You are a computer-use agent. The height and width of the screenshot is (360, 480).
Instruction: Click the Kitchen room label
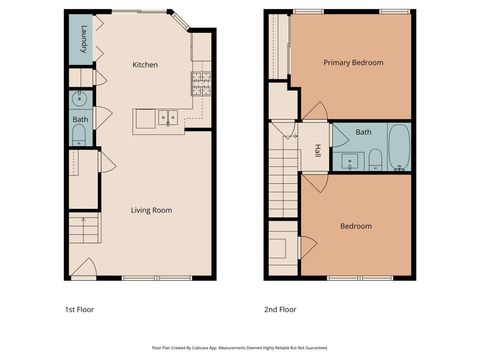click(146, 65)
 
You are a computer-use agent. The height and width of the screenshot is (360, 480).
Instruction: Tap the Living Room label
click(151, 210)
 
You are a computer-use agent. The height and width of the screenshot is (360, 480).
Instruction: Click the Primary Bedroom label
click(353, 62)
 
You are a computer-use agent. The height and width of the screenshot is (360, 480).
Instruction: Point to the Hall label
click(318, 151)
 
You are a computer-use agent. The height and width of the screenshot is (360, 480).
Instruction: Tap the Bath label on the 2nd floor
click(364, 132)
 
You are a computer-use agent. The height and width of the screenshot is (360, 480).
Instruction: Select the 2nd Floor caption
click(280, 308)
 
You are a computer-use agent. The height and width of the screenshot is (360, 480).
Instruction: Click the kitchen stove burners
click(202, 78)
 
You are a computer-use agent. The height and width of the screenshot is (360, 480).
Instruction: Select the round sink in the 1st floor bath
click(78, 99)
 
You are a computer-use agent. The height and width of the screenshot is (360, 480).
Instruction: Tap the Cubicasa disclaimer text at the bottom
click(239, 347)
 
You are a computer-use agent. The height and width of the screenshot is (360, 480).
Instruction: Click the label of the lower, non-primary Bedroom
click(356, 226)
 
